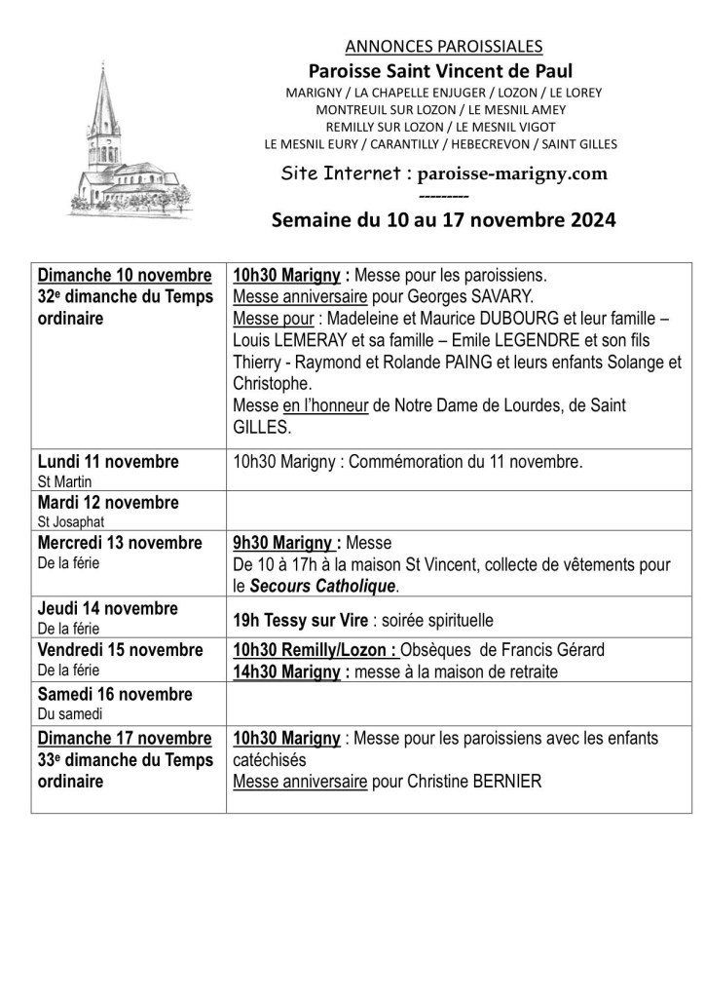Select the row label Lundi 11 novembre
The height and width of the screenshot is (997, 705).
coord(108,460)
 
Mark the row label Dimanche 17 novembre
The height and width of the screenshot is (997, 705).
coord(124,738)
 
